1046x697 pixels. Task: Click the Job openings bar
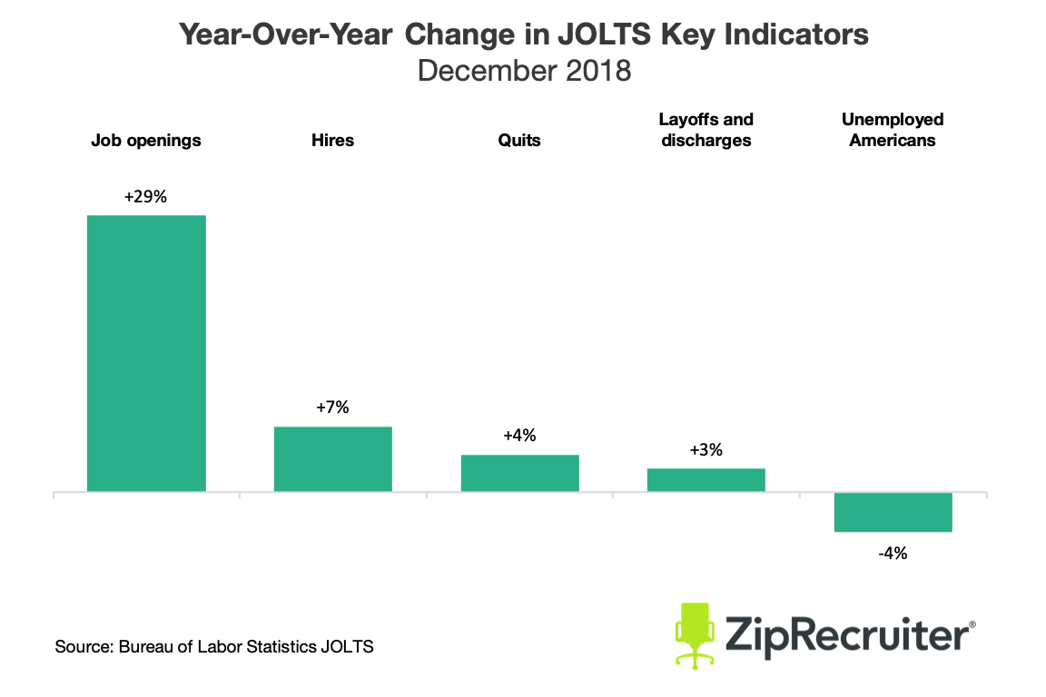(146, 353)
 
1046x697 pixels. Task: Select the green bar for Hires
(333, 458)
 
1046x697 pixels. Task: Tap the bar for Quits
(519, 473)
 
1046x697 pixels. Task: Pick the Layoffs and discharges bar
(706, 479)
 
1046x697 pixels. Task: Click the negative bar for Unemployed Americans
(893, 512)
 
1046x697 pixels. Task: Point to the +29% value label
(146, 196)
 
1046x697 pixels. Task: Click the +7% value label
(333, 407)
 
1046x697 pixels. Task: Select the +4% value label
(519, 436)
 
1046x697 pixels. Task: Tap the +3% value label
(706, 449)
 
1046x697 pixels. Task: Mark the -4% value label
(893, 553)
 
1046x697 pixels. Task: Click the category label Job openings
(146, 141)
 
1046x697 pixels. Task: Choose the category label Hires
(333, 141)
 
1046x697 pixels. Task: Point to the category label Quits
(519, 141)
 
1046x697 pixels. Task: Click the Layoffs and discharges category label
(706, 130)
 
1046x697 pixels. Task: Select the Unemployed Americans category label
(893, 130)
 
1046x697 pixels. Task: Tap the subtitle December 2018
(524, 70)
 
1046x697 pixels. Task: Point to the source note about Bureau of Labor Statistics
(214, 647)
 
